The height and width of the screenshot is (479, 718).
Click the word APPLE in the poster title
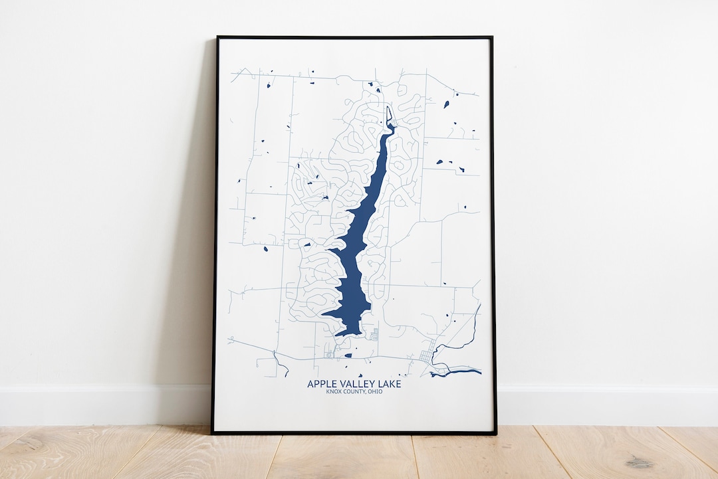click(320, 384)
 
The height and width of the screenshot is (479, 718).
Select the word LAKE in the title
click(389, 384)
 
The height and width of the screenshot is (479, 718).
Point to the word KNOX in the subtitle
click(334, 391)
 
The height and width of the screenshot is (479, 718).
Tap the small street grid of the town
click(425, 355)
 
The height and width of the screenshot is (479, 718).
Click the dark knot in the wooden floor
click(639, 461)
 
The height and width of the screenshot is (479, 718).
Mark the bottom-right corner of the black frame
click(495, 433)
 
